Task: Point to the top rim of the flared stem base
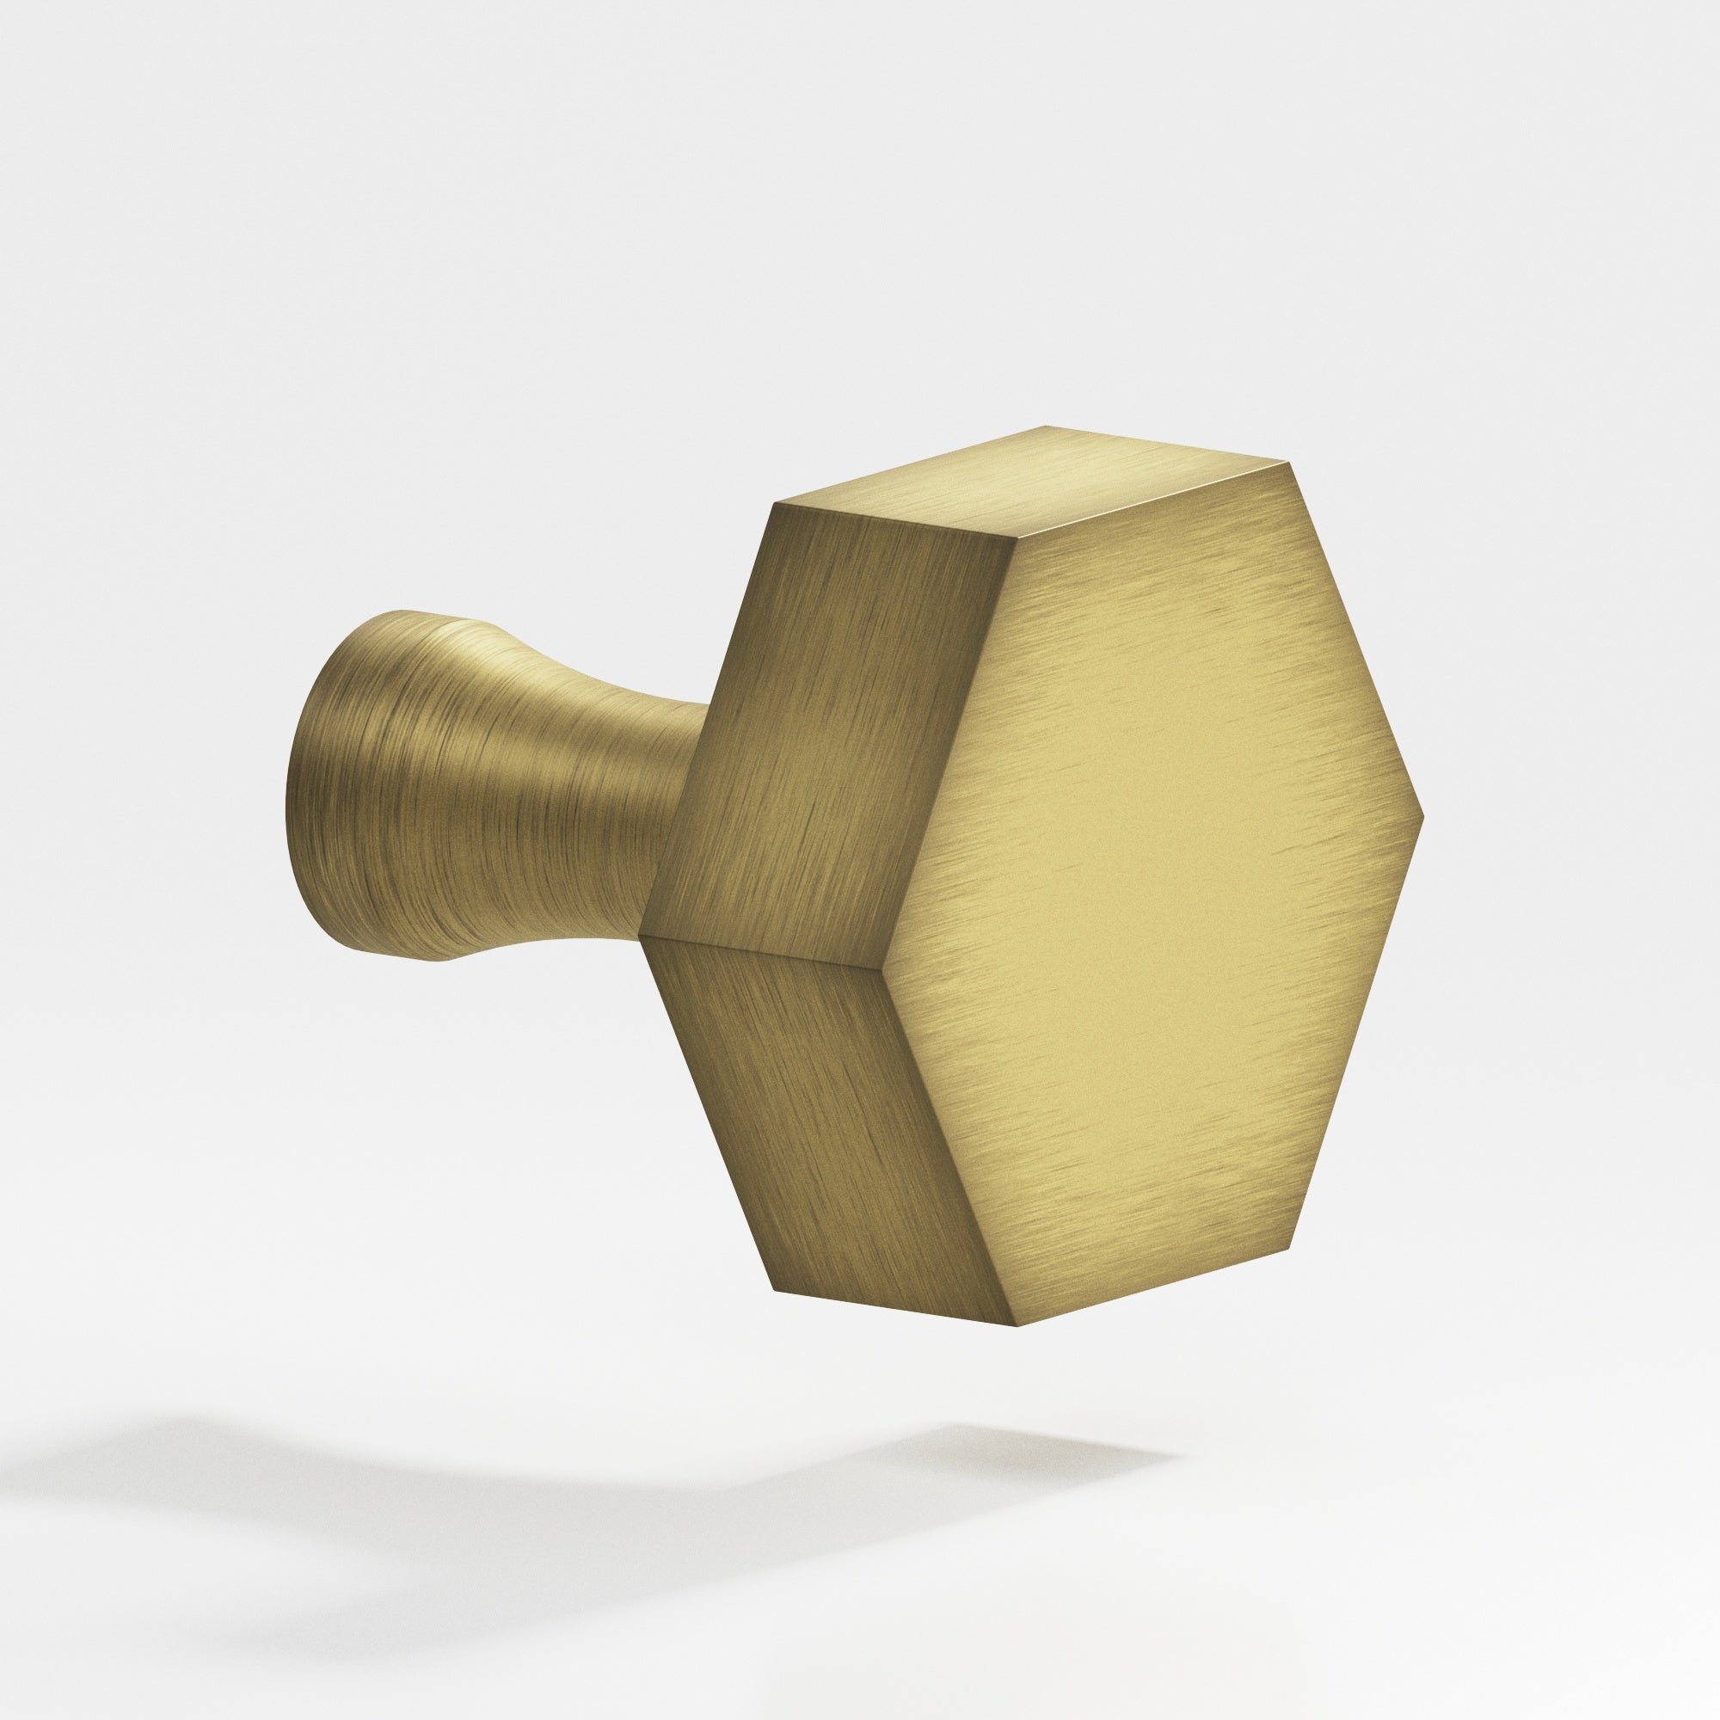coord(401,614)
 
